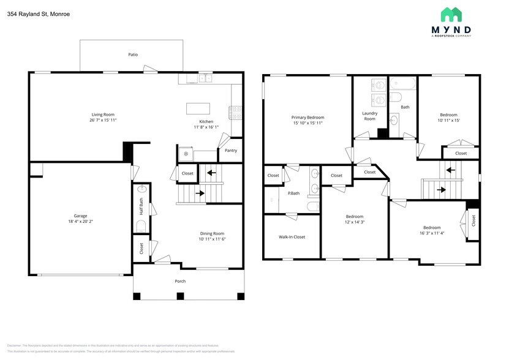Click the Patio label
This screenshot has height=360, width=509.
click(133, 54)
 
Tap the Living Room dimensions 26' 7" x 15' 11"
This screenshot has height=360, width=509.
click(103, 121)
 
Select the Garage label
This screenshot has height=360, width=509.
click(80, 216)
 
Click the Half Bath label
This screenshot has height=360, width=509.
click(141, 207)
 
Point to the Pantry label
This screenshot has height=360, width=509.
click(230, 151)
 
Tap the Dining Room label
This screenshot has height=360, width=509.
click(211, 233)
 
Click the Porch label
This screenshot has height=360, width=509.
click(180, 281)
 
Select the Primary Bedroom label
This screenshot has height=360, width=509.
click(307, 118)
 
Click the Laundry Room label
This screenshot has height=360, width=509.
click(369, 116)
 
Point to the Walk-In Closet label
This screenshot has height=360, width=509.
click(292, 237)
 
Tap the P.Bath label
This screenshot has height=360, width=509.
click(293, 193)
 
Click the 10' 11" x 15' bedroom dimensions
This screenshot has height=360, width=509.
click(448, 121)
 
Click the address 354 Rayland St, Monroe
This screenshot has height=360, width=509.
click(34, 13)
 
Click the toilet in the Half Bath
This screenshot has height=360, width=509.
click(142, 227)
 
